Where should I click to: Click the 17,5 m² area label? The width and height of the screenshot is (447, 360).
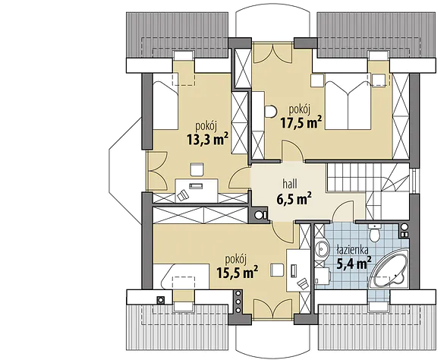pyautogui.click(x=301, y=123)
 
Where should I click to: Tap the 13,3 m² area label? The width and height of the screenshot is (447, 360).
pyautogui.click(x=207, y=139)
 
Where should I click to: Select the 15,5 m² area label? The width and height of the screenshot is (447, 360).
pyautogui.click(x=238, y=273)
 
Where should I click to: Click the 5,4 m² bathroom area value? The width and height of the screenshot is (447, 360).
pyautogui.click(x=354, y=263)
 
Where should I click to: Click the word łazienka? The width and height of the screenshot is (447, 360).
pyautogui.click(x=352, y=250)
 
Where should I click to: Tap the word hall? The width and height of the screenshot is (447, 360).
pyautogui.click(x=290, y=184)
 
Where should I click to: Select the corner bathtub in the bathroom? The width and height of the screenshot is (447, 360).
pyautogui.click(x=389, y=271)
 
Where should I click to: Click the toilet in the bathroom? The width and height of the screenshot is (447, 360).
pyautogui.click(x=373, y=232)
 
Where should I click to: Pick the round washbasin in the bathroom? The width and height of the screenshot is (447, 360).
pyautogui.click(x=321, y=250)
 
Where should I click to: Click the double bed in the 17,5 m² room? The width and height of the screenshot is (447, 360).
pyautogui.click(x=348, y=105)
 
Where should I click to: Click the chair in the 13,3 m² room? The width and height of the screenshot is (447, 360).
pyautogui.click(x=197, y=169)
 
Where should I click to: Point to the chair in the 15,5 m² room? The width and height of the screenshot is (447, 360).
pyautogui.click(x=277, y=270)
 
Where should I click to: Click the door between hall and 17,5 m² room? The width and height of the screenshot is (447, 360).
pyautogui.click(x=293, y=151)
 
